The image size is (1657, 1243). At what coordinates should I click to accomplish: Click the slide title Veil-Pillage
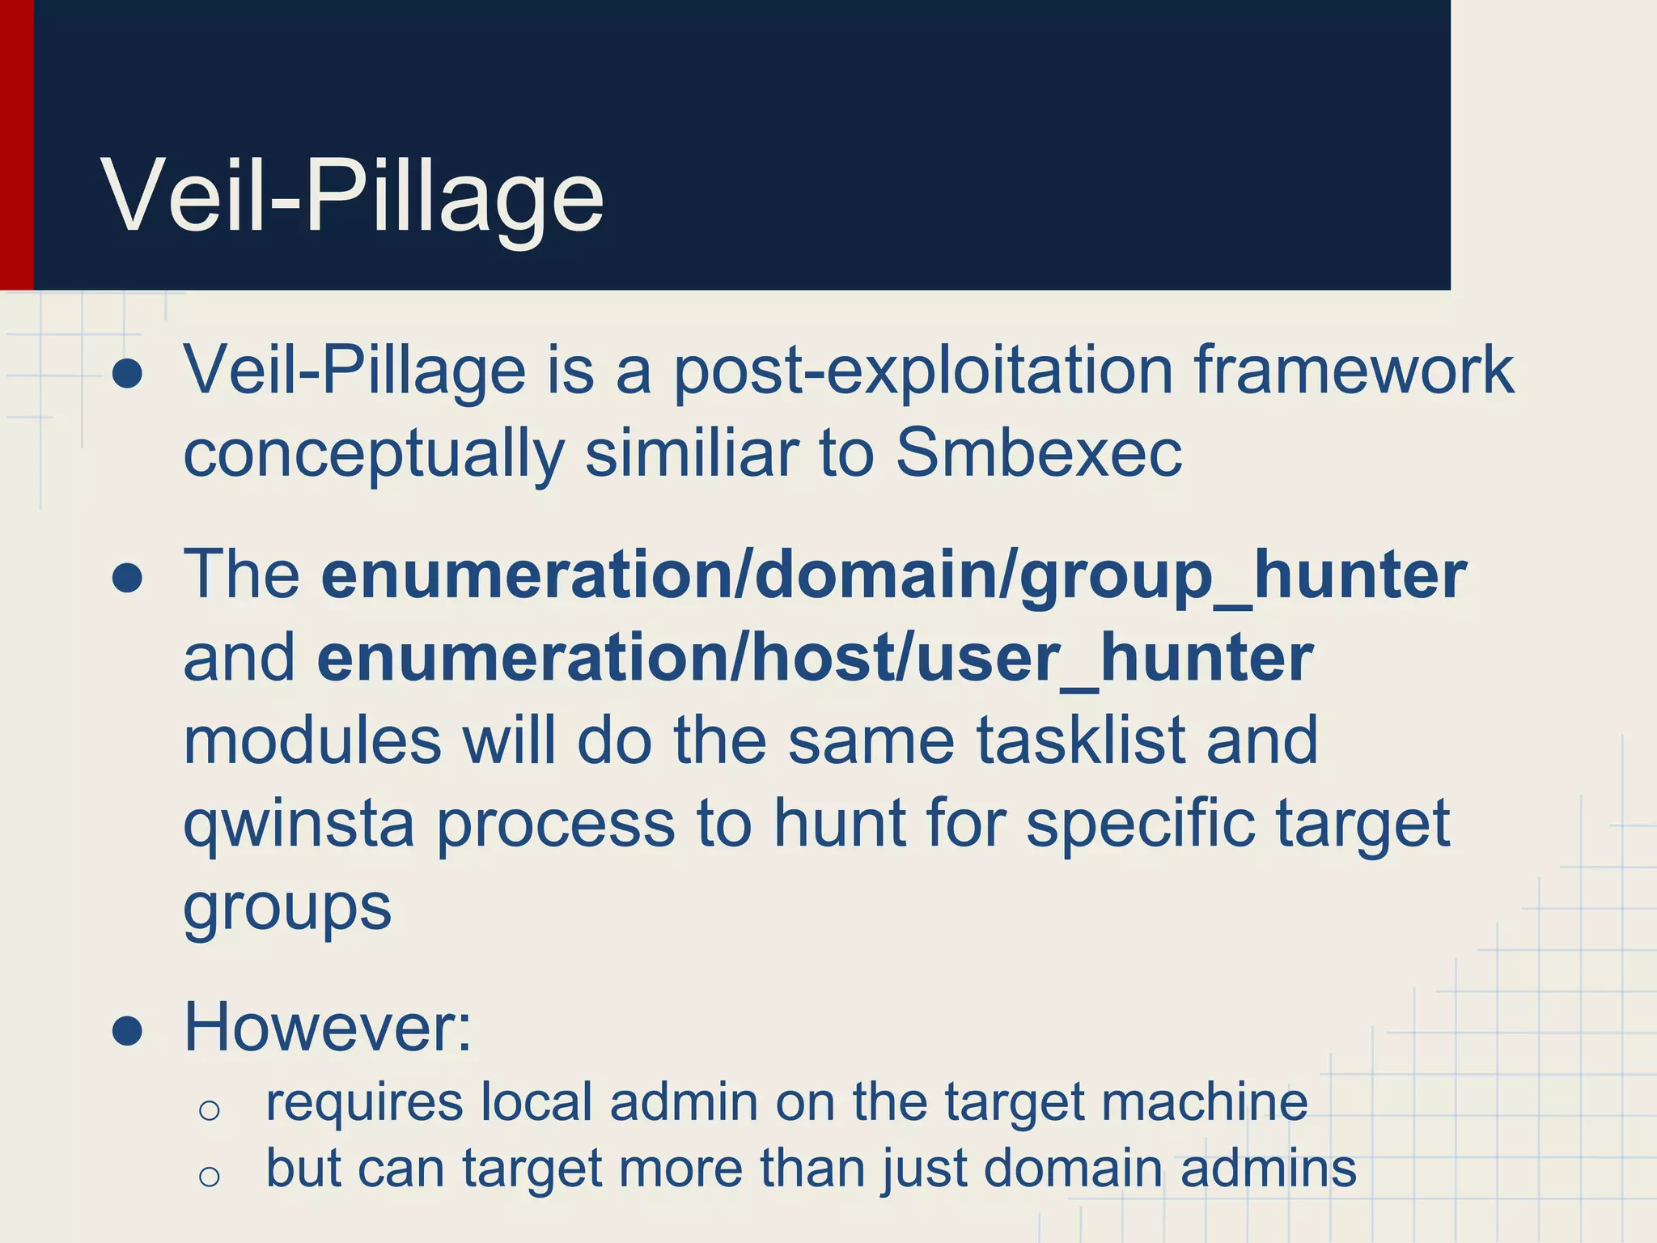[x=353, y=197]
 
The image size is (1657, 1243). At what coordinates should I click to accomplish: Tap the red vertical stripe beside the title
[x=16, y=145]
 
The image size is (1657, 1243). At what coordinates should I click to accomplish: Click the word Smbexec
[x=1038, y=453]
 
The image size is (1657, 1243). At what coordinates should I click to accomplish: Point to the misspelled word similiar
[x=692, y=453]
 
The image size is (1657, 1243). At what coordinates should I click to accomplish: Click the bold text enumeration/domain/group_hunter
[x=894, y=575]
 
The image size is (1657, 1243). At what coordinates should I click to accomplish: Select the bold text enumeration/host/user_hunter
[x=815, y=658]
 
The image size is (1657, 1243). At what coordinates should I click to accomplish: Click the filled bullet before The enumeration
[x=128, y=578]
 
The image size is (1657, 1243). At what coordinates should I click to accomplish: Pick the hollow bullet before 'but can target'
[x=209, y=1176]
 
